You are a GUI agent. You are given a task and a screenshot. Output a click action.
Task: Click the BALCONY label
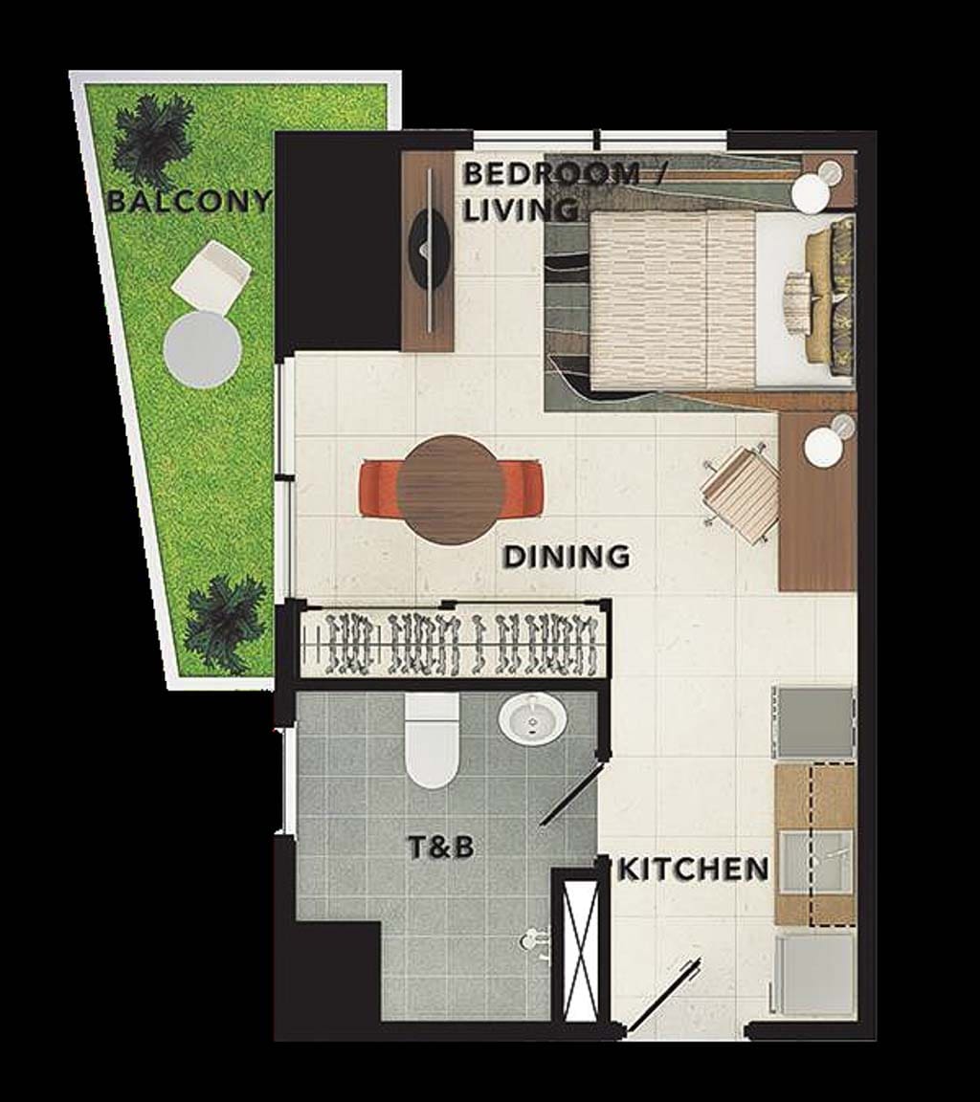(x=189, y=202)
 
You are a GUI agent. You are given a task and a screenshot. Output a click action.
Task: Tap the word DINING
(x=567, y=557)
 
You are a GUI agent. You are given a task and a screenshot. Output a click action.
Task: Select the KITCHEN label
(x=693, y=870)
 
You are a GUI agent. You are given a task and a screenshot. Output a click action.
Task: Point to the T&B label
(x=441, y=848)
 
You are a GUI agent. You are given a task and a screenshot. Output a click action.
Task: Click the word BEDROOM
(x=552, y=173)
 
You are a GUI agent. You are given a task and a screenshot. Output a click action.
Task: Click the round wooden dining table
(x=450, y=489)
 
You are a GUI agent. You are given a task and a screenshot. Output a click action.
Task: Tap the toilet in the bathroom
(x=432, y=740)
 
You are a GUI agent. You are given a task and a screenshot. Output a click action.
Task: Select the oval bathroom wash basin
(x=532, y=719)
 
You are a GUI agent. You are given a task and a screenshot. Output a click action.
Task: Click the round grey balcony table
(x=203, y=350)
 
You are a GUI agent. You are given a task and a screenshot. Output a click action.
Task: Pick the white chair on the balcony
(x=211, y=276)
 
